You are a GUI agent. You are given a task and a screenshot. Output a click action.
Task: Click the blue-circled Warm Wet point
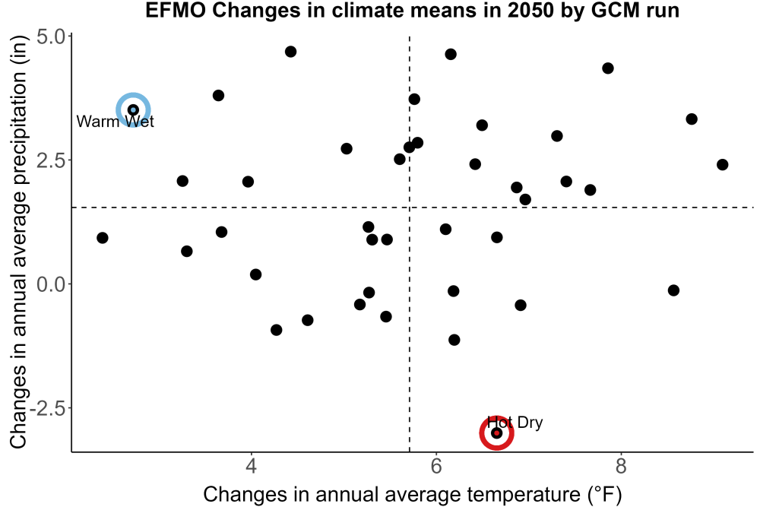pyautogui.click(x=133, y=110)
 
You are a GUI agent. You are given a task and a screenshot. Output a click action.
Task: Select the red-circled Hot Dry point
pyautogui.click(x=496, y=433)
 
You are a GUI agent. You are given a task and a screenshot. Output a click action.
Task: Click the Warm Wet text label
pyautogui.click(x=116, y=121)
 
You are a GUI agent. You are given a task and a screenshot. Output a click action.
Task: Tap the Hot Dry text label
pyautogui.click(x=515, y=422)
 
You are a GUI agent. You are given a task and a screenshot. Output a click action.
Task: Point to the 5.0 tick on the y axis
pyautogui.click(x=52, y=36)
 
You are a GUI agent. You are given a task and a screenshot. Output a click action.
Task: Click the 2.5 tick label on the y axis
pyautogui.click(x=52, y=160)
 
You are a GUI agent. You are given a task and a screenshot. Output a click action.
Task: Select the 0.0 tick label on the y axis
pyautogui.click(x=52, y=284)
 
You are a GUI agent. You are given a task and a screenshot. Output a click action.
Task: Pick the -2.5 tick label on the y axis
pyautogui.click(x=47, y=408)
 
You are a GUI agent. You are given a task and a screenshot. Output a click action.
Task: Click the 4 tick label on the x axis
pyautogui.click(x=251, y=466)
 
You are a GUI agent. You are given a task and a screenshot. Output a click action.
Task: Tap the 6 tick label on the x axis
pyautogui.click(x=436, y=466)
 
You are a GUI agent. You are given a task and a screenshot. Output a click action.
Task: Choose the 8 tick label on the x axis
pyautogui.click(x=621, y=466)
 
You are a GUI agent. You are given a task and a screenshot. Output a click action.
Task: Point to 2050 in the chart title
pyautogui.click(x=530, y=11)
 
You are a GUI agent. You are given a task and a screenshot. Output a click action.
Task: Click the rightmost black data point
pyautogui.click(x=722, y=165)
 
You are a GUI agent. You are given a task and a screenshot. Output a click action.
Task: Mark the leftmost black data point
pyautogui.click(x=103, y=238)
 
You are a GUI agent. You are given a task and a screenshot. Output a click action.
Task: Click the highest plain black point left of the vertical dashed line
pyautogui.click(x=291, y=52)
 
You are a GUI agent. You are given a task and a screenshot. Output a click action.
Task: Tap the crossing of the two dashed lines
pyautogui.click(x=410, y=208)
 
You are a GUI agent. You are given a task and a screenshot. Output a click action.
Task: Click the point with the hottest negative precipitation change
pyautogui.click(x=673, y=290)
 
